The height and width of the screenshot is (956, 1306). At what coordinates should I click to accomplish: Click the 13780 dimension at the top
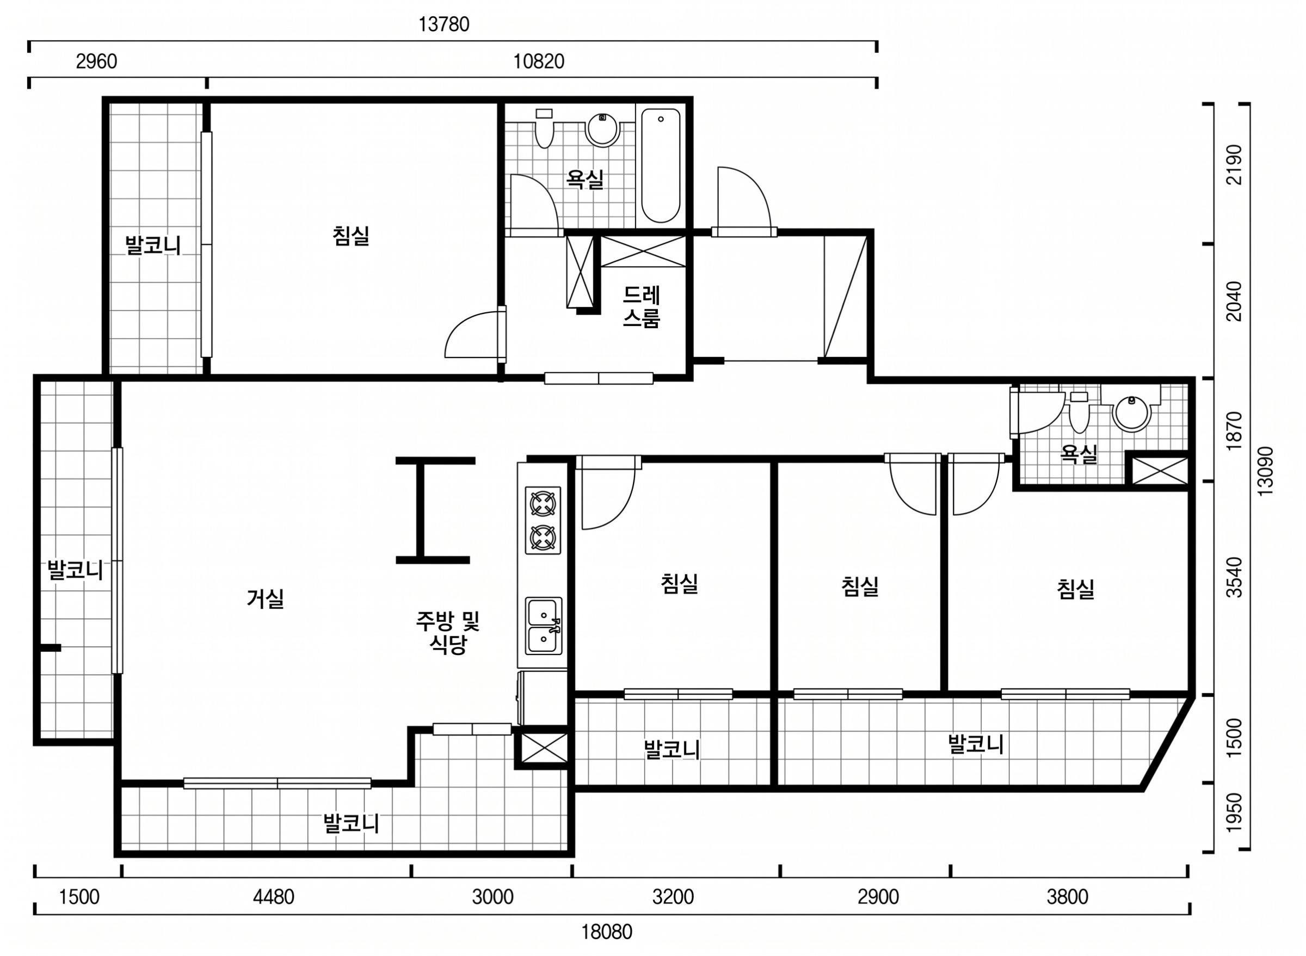[444, 24]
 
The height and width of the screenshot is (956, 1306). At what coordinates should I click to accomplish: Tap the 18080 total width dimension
[606, 932]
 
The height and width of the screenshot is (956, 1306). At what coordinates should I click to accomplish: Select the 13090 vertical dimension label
[1265, 471]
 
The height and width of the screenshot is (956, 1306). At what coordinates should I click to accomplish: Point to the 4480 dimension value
[274, 897]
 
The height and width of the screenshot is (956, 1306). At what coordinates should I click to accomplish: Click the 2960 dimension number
[97, 61]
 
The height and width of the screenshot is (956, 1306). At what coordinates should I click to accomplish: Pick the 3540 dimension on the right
[1234, 577]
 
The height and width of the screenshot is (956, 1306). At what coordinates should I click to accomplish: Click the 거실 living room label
[265, 599]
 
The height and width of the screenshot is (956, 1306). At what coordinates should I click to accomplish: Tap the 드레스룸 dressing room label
[641, 307]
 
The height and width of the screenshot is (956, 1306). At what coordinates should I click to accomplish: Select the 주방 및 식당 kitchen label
[448, 632]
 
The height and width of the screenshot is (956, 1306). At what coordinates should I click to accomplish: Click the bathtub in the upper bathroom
[660, 165]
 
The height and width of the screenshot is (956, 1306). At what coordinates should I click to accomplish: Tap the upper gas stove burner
[543, 503]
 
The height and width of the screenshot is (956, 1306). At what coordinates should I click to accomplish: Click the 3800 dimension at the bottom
[1067, 897]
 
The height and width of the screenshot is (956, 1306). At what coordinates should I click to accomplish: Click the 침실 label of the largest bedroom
[351, 236]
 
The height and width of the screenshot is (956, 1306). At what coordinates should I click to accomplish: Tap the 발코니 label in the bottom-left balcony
[351, 823]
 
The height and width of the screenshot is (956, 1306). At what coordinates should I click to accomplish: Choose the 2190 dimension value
[1234, 164]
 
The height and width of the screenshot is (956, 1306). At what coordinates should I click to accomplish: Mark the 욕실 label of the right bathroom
[1079, 454]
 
